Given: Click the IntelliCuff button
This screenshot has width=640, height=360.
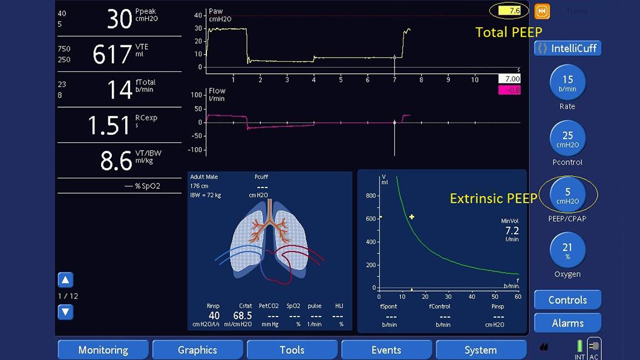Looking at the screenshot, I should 567,48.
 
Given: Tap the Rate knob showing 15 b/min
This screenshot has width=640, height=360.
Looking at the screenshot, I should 567,83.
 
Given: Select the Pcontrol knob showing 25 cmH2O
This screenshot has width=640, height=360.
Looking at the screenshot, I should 567,140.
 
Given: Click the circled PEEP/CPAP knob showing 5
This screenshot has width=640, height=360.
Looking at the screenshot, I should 567,196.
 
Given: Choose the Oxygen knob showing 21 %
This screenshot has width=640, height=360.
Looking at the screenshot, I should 567,252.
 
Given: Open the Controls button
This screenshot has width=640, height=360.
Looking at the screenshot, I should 567,300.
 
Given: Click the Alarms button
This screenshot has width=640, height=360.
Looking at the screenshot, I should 567,323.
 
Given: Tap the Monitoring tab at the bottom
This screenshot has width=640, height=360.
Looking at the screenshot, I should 103,350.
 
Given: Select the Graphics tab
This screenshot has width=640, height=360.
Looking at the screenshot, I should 197,350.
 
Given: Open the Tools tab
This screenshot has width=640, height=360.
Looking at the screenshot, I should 292,350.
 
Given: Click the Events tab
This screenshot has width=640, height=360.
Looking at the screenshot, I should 386,350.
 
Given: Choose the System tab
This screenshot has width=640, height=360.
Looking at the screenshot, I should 480,350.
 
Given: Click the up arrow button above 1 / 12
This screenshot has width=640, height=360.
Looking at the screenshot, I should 65,280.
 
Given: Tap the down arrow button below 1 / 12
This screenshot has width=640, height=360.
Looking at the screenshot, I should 65,312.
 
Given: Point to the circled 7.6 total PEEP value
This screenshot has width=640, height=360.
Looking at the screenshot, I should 513,10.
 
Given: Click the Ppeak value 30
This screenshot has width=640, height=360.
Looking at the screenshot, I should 119,19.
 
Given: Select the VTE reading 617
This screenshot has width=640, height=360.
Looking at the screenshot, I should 112,54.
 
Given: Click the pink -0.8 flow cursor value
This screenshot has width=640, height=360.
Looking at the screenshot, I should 509,90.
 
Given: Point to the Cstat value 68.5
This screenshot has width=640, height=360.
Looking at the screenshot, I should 242,316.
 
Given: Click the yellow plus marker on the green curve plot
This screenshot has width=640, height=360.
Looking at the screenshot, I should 412,217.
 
